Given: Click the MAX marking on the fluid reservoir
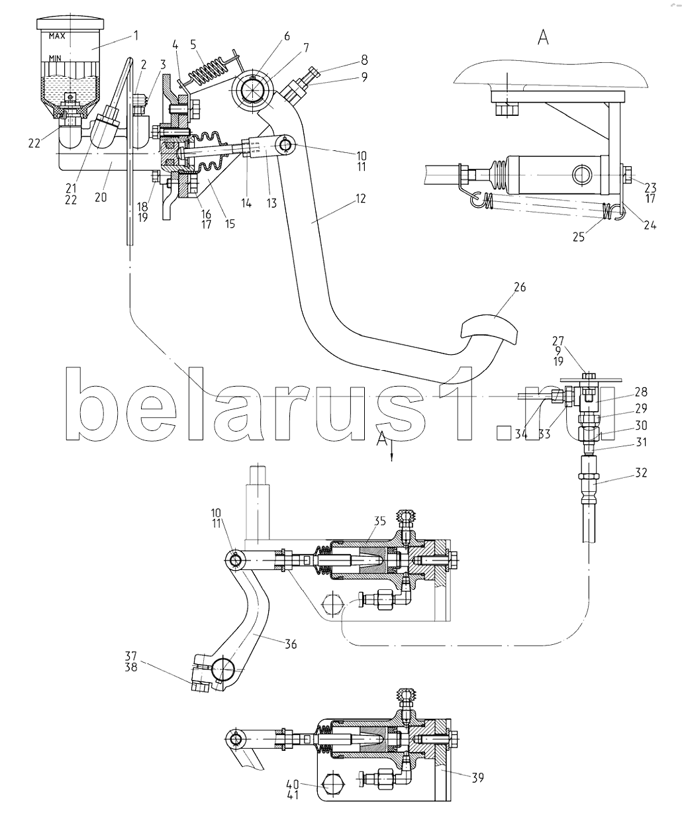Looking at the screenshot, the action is [x=57, y=36].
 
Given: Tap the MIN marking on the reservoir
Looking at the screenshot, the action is [x=55, y=58].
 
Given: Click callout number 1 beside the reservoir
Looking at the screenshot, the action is [x=136, y=36].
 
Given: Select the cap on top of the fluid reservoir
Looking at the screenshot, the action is [x=70, y=23].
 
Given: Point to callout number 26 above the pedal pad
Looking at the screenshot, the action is [x=520, y=287].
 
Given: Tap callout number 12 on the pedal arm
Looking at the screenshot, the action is [x=361, y=199].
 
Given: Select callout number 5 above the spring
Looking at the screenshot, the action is [x=193, y=44].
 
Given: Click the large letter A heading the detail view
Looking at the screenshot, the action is [x=543, y=38].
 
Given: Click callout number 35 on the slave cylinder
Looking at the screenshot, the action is [x=380, y=521].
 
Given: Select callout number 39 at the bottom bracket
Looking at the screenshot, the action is [x=477, y=777].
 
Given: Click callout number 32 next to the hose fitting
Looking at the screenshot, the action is [x=641, y=472].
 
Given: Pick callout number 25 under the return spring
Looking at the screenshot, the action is [x=579, y=237].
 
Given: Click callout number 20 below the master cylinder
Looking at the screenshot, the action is [x=101, y=197].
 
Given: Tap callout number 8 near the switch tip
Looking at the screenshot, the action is [x=364, y=60].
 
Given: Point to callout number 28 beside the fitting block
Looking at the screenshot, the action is [x=641, y=392].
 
